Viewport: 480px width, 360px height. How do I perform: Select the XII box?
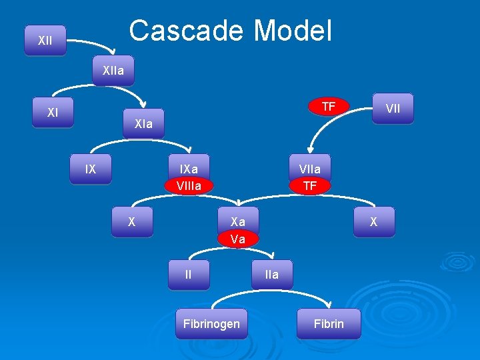click(45, 41)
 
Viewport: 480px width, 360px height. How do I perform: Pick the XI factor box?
click(53, 113)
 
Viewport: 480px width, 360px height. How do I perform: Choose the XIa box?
click(143, 124)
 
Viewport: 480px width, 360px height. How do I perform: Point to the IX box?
click(91, 169)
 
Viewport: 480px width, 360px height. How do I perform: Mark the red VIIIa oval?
click(189, 185)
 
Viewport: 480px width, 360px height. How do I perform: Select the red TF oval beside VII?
click(328, 107)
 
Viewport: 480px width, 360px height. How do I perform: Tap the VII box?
click(393, 109)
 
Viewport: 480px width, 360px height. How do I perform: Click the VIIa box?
click(309, 169)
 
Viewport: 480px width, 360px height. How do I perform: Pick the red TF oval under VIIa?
click(309, 186)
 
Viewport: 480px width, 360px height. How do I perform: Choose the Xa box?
click(238, 222)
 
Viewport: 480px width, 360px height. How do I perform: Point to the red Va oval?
click(238, 239)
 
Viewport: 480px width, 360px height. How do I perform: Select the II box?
click(189, 274)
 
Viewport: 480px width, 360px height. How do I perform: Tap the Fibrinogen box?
click(212, 324)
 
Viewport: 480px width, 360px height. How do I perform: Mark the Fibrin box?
click(329, 324)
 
